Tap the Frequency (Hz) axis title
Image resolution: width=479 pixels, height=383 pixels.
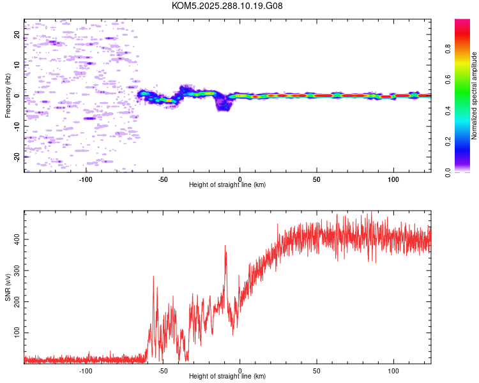coord(8,96)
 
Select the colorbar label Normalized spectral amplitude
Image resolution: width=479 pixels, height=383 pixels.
coord(475,96)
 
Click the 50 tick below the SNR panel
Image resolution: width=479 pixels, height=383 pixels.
coord(317,370)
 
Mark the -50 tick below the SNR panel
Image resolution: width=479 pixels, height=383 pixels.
coord(163,370)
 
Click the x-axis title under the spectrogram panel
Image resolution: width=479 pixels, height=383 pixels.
coord(227,185)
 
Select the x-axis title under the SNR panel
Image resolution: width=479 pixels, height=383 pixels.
coord(227,377)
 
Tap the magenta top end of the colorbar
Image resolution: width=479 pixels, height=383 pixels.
coord(462,22)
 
